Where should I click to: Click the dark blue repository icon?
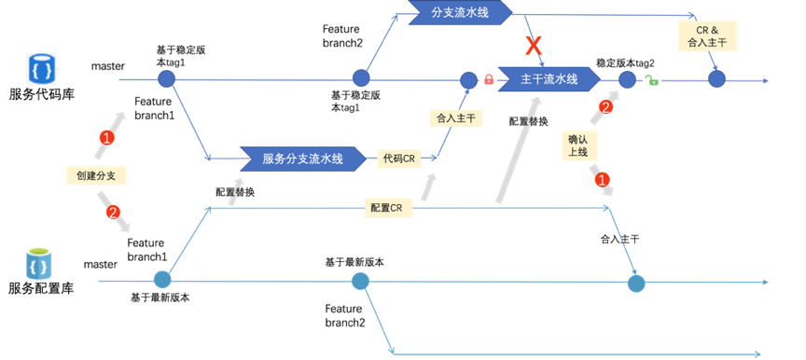click(x=41, y=69)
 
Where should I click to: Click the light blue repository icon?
click(x=38, y=263)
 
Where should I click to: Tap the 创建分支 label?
click(x=96, y=175)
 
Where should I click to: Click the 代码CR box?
click(x=398, y=159)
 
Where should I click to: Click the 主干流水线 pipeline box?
click(x=549, y=79)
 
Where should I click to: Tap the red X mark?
click(x=534, y=45)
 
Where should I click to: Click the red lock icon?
click(x=488, y=79)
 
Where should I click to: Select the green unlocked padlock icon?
click(x=651, y=80)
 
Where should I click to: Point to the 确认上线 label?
click(x=577, y=145)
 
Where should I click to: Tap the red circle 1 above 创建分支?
click(x=106, y=138)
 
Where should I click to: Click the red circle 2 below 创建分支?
click(x=114, y=212)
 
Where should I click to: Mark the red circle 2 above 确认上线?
click(x=605, y=106)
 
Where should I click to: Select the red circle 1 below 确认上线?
click(x=602, y=179)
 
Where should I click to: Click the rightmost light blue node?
click(x=636, y=283)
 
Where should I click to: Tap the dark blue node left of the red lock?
click(x=468, y=80)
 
